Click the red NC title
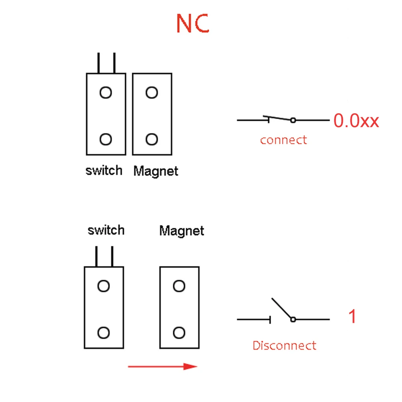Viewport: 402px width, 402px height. click(x=193, y=24)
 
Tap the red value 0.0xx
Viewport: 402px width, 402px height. click(x=356, y=121)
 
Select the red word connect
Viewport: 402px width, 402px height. click(x=283, y=140)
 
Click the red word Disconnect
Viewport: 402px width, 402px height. click(x=284, y=345)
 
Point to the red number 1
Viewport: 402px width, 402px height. click(x=352, y=317)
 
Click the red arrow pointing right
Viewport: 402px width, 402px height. click(x=162, y=366)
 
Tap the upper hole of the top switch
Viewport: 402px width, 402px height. click(x=106, y=93)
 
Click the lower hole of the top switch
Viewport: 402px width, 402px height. click(x=106, y=139)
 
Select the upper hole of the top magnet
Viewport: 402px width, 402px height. click(x=152, y=93)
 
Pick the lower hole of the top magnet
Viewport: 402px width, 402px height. click(x=152, y=139)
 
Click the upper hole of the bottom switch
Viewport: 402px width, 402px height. click(x=104, y=286)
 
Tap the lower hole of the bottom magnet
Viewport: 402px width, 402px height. click(x=179, y=332)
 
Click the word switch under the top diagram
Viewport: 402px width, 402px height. click(x=104, y=170)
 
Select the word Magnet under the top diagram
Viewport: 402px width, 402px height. click(x=156, y=171)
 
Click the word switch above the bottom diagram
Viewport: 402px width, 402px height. click(x=106, y=230)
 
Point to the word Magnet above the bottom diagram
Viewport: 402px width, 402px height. click(x=182, y=231)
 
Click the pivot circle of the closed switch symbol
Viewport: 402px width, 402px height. click(x=293, y=120)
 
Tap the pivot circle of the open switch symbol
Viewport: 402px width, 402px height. click(x=293, y=319)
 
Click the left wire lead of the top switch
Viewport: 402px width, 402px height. click(x=98, y=63)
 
